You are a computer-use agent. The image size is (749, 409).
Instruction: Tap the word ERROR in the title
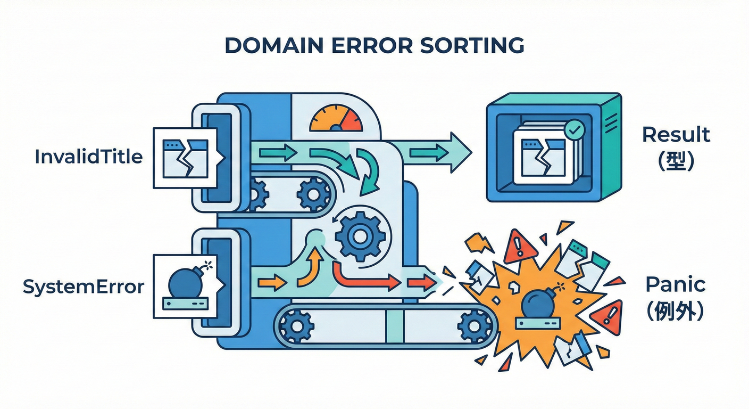click(x=365, y=46)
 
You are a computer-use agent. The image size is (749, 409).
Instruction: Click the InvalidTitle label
click(x=89, y=157)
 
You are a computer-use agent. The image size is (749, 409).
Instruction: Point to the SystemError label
click(x=84, y=287)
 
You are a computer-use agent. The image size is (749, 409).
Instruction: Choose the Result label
click(x=676, y=135)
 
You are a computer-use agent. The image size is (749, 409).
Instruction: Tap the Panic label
click(x=675, y=284)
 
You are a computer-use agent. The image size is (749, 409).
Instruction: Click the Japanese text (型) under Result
click(x=676, y=162)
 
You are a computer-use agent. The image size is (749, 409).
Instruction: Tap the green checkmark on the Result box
click(x=574, y=129)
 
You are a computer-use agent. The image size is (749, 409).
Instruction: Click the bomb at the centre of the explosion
click(x=538, y=305)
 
